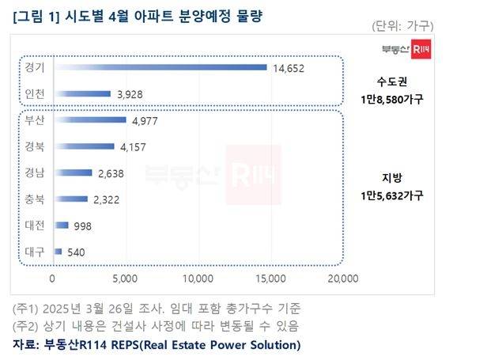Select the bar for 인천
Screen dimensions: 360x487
pos(82,93)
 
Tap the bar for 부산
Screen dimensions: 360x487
pos(90,120)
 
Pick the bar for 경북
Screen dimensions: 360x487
pos(84,146)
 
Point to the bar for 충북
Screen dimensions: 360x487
pos(71,199)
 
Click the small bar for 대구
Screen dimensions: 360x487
pos(58,252)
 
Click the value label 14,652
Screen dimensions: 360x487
pos(290,68)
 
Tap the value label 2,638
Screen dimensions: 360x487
pos(114,173)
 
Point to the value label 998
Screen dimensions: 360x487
pos(82,226)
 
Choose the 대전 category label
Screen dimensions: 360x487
pos(35,225)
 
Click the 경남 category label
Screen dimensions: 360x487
pos(35,172)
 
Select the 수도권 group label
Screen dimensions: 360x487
pos(401,81)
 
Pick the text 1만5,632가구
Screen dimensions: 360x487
pos(401,195)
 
